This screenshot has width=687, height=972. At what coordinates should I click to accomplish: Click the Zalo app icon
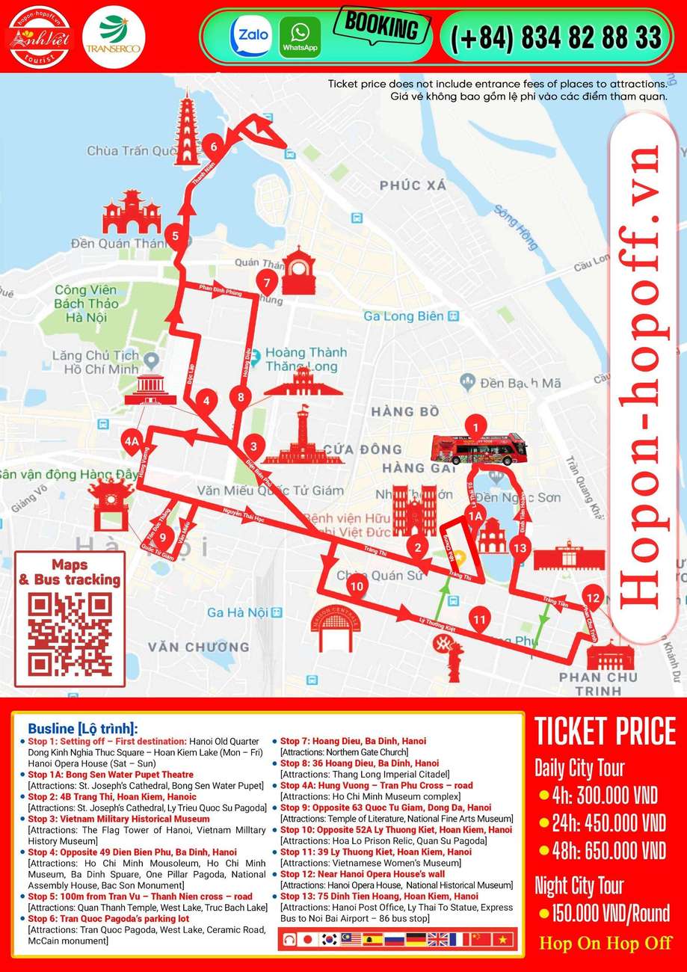click(250, 37)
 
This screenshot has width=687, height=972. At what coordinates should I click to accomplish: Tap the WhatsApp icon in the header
click(300, 37)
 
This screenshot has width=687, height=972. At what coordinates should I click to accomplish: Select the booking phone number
click(555, 37)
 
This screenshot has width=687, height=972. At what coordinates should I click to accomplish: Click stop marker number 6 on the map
click(214, 146)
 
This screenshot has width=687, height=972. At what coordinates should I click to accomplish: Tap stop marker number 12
click(593, 597)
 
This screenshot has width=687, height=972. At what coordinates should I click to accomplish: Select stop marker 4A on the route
click(132, 441)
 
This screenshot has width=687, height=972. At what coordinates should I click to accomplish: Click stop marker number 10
click(357, 586)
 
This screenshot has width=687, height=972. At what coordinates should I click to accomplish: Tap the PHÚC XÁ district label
click(412, 185)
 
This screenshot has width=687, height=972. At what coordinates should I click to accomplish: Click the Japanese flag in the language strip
click(306, 939)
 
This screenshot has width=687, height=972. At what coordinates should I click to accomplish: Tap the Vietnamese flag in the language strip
click(502, 939)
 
